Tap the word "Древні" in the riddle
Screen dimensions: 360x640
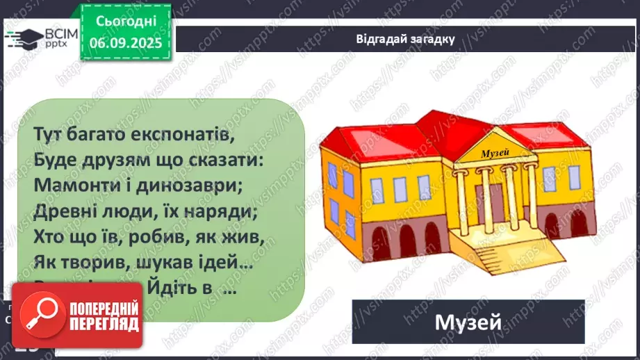point(60,213)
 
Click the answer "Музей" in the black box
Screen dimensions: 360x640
point(468,322)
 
